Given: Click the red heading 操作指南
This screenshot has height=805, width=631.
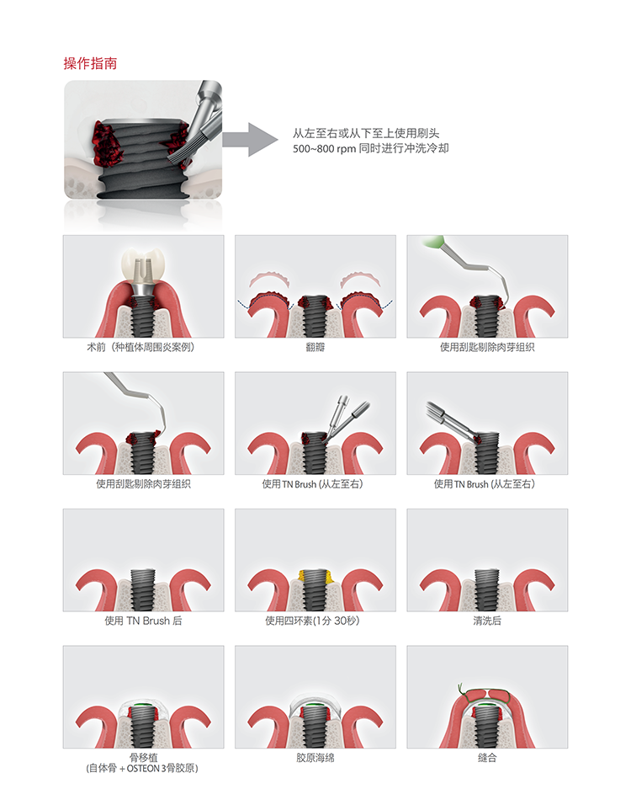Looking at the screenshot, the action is pyautogui.click(x=90, y=63).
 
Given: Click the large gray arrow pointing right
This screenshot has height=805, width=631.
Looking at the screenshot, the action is pyautogui.click(x=250, y=139).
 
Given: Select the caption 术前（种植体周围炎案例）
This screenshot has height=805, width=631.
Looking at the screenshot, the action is pyautogui.click(x=141, y=347).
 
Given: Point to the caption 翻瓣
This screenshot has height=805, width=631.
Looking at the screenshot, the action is pyautogui.click(x=315, y=347).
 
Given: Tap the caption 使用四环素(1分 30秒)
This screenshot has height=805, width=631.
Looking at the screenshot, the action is pyautogui.click(x=312, y=621).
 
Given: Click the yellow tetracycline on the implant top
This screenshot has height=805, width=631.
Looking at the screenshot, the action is pyautogui.click(x=315, y=575).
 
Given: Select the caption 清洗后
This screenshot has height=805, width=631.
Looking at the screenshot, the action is pyautogui.click(x=487, y=621).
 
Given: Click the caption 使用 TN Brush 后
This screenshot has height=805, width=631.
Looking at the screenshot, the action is pyautogui.click(x=143, y=621).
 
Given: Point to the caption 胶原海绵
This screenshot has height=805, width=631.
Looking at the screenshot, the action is pyautogui.click(x=315, y=758).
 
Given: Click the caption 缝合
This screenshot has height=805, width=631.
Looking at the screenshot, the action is pyautogui.click(x=487, y=758).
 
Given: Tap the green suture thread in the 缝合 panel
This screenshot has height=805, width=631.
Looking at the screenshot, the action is pyautogui.click(x=485, y=691).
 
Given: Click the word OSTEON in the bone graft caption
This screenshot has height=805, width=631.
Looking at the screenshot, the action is pyautogui.click(x=143, y=769).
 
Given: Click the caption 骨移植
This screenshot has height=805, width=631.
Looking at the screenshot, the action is pyautogui.click(x=143, y=757).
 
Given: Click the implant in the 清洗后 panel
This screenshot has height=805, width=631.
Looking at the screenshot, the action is pyautogui.click(x=487, y=590).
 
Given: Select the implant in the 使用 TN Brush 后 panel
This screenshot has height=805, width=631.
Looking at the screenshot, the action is pyautogui.click(x=143, y=590).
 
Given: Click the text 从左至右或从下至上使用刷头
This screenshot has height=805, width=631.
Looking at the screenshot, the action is pyautogui.click(x=366, y=134).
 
